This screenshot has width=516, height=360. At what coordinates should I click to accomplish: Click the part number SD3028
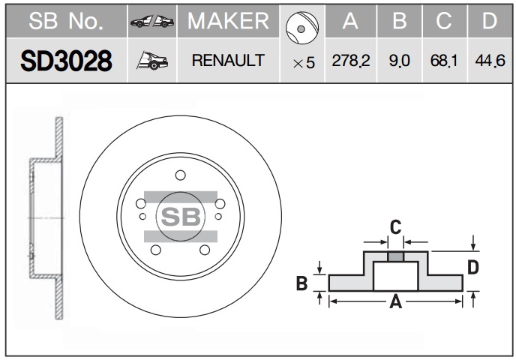tap(66, 61)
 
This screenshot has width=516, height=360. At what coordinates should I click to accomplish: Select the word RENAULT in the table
tap(228, 61)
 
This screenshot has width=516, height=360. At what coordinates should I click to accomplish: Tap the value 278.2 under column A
tap(351, 61)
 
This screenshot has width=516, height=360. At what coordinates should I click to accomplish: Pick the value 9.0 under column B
tap(400, 61)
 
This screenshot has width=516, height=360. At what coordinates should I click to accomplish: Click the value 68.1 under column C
tap(444, 61)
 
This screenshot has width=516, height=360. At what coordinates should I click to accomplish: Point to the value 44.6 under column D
tap(490, 61)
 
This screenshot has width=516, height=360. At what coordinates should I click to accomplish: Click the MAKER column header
tap(228, 21)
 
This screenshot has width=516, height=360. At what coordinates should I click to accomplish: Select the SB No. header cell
tap(66, 21)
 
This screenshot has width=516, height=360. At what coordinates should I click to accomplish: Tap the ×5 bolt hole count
tap(304, 62)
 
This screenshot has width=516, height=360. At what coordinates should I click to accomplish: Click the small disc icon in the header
tap(302, 28)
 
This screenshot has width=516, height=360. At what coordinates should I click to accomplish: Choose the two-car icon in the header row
tap(152, 22)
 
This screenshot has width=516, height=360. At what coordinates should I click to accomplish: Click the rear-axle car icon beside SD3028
tap(152, 61)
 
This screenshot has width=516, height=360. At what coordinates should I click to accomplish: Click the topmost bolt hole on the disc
tap(180, 175)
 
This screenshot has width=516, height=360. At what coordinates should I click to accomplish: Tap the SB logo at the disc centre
tap(181, 217)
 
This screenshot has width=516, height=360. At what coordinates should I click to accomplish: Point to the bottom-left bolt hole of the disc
tap(156, 250)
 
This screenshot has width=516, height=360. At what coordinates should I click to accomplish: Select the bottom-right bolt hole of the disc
tap(205, 250)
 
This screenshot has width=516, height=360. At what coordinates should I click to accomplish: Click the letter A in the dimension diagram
tap(395, 301)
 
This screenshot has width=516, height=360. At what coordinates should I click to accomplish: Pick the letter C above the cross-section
tap(395, 227)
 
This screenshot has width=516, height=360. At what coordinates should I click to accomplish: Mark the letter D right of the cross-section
tap(473, 267)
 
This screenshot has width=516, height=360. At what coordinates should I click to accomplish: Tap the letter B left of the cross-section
tap(301, 283)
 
